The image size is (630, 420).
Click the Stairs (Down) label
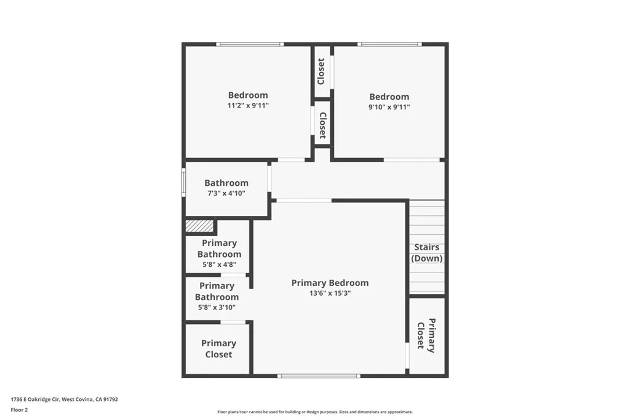(427, 253)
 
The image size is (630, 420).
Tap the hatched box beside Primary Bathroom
(199, 226)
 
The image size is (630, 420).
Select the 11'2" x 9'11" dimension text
(248, 106)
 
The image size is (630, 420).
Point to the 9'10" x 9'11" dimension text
(389, 107)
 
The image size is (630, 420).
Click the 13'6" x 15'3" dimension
(330, 293)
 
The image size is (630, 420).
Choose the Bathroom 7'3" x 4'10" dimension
(226, 193)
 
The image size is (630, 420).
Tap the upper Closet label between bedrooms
(321, 71)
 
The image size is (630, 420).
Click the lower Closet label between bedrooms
(322, 125)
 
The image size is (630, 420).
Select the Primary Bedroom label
(330, 283)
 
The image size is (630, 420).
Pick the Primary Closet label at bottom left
(218, 349)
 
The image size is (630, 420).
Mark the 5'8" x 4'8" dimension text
(219, 265)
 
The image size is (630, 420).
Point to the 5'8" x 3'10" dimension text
(217, 307)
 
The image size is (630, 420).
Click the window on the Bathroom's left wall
(183, 183)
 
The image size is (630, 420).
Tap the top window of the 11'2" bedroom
(249, 44)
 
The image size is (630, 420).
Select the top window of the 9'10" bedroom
(389, 44)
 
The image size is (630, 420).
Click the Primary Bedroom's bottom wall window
(318, 375)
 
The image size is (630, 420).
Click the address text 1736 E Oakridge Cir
(64, 399)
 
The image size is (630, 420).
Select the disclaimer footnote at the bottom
(314, 412)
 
